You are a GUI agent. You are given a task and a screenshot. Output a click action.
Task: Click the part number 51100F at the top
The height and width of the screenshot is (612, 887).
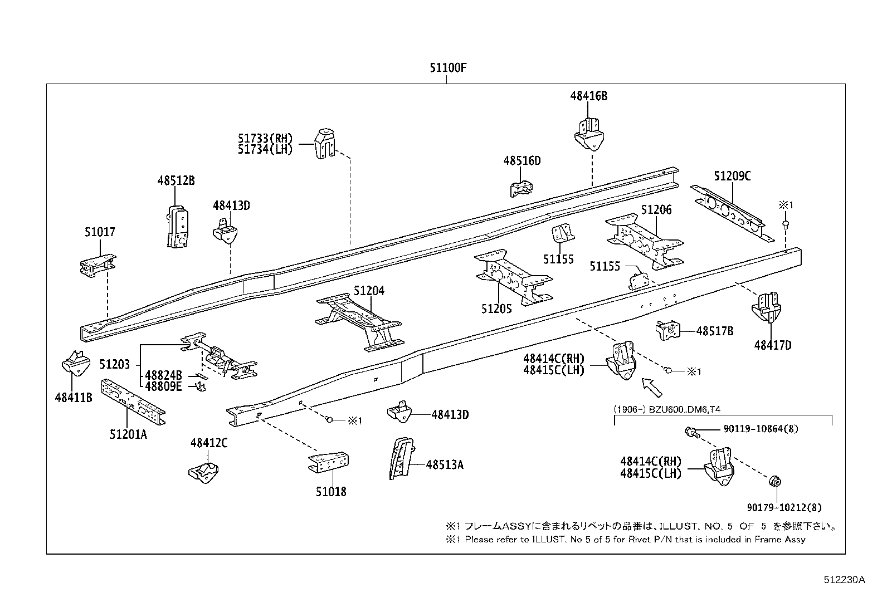click(x=447, y=68)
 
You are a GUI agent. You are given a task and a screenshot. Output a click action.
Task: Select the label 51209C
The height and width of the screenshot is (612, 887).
click(x=732, y=176)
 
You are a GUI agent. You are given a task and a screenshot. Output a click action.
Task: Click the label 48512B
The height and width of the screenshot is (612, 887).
click(x=176, y=181)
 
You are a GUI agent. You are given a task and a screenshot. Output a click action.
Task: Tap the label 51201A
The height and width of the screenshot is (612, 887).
click(x=128, y=434)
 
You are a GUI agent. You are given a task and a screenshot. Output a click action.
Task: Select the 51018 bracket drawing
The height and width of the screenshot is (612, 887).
click(x=329, y=462)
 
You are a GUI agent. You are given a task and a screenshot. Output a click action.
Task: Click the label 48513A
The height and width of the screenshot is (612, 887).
click(x=445, y=464)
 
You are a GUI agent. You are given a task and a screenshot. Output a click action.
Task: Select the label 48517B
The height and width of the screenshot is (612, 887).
click(x=715, y=331)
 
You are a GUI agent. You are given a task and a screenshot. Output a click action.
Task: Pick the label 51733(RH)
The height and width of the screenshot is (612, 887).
click(x=265, y=139)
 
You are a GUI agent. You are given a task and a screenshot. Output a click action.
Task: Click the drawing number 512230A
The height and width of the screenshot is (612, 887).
click(x=844, y=580)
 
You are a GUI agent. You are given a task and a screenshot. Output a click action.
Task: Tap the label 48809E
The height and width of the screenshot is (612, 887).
click(x=163, y=386)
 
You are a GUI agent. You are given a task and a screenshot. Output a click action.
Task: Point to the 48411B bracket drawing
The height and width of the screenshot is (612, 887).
click(x=75, y=366)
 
